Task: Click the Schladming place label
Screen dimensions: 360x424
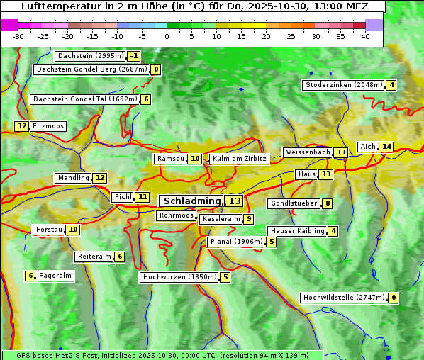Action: [192, 201]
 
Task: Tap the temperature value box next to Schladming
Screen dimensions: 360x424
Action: [235, 201]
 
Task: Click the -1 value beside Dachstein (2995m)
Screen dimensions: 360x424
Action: [134, 56]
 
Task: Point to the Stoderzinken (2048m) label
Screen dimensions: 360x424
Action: [344, 85]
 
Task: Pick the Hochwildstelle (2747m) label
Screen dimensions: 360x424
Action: [344, 298]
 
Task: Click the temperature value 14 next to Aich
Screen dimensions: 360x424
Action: [386, 147]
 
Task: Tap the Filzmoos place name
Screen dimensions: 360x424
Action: [48, 126]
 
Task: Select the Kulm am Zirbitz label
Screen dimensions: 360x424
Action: [239, 159]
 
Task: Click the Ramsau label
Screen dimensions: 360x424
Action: [171, 159]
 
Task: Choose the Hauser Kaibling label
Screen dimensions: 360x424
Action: [297, 231]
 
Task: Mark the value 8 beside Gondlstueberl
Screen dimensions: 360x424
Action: [327, 203]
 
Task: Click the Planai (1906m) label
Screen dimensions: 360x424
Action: [236, 242]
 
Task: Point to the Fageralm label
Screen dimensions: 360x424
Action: [55, 276]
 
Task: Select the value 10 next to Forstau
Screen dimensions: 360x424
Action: [73, 230]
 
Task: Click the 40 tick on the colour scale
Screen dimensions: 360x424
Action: [365, 36]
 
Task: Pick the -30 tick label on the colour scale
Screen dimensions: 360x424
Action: [18, 36]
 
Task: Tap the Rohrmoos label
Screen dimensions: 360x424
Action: [176, 215]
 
